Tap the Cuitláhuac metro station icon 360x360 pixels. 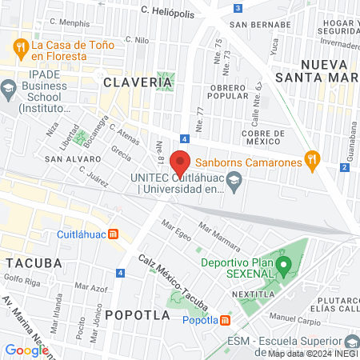point(114,234)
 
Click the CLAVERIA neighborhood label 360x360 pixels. point(132,81)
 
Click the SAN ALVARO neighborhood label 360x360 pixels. point(72,159)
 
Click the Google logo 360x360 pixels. point(26,350)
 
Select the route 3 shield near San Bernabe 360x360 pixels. point(238,8)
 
